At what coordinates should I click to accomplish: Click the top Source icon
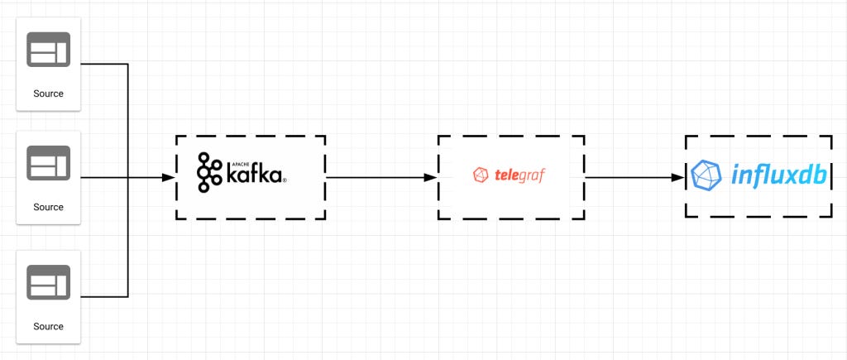pos(48,50)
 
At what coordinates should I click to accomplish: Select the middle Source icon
pos(48,162)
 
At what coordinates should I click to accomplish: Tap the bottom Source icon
pos(48,281)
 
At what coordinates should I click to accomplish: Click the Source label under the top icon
pos(48,94)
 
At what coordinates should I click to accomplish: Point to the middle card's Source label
pos(48,207)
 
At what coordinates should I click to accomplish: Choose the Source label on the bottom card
pos(48,326)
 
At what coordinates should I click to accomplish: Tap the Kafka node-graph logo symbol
pos(208,173)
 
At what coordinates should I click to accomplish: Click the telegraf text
pos(520,175)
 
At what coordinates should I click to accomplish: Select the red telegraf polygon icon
pos(481,175)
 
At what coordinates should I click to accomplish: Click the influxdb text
pos(780,175)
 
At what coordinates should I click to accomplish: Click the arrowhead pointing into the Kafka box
pos(169,177)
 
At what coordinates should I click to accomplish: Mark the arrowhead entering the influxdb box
pos(678,177)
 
